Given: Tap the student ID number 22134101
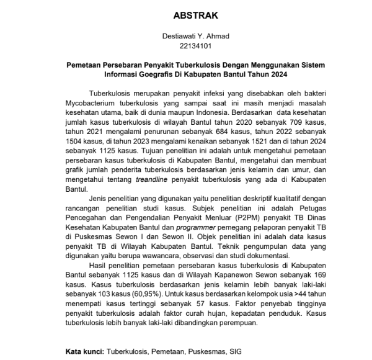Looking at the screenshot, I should click(195, 46).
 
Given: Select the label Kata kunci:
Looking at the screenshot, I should click(84, 351).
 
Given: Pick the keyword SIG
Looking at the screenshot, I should click(236, 351).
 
